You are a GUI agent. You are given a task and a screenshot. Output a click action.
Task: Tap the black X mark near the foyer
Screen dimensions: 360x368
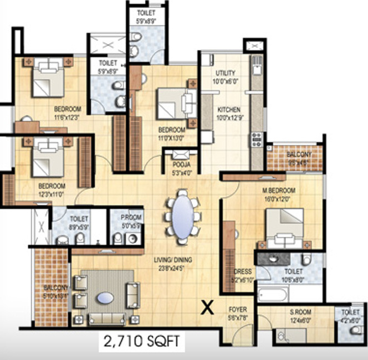pos(207,307)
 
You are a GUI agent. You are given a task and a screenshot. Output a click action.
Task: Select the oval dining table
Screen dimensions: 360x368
pos(182,217)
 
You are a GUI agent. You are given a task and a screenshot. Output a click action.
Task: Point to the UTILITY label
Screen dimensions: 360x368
pos(226,73)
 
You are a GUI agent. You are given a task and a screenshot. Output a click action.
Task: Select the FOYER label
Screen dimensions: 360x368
pos(238,309)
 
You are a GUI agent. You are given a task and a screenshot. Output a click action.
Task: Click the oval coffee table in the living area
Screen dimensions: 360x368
pos(105,298)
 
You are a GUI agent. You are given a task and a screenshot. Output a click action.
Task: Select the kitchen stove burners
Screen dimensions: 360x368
pos(257,139)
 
